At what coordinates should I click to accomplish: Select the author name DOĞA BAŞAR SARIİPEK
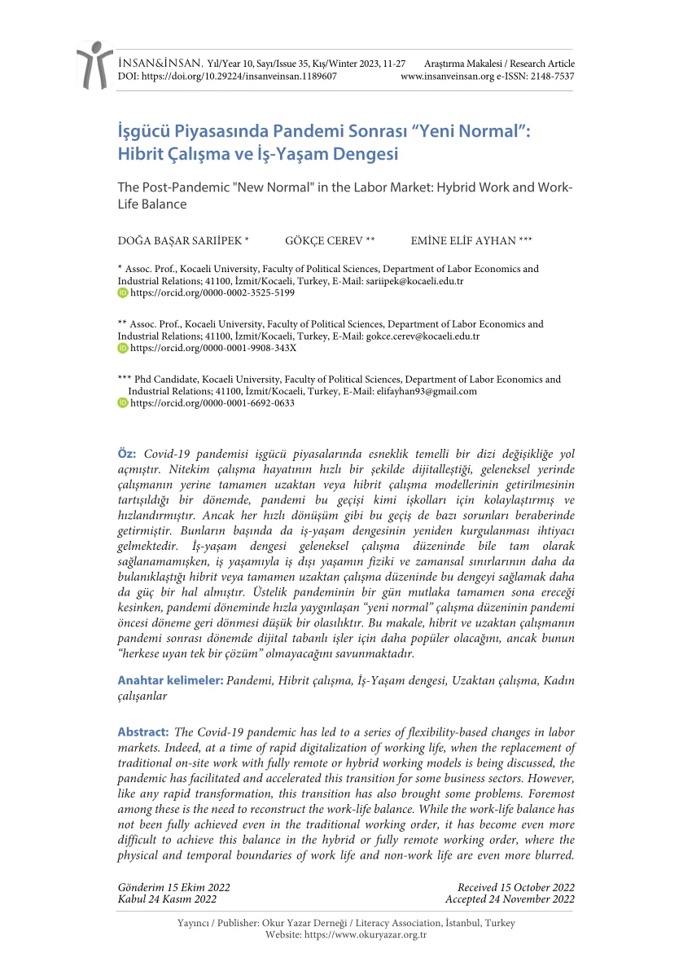pyautogui.click(x=183, y=240)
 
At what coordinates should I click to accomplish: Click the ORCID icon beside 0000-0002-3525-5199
pyautogui.click(x=123, y=292)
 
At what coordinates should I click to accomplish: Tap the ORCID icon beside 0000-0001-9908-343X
pyautogui.click(x=123, y=347)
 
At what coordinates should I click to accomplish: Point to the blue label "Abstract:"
pyautogui.click(x=143, y=732)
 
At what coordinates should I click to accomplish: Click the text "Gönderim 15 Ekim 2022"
pyautogui.click(x=174, y=887)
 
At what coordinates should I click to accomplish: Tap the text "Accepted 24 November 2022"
pyautogui.click(x=510, y=899)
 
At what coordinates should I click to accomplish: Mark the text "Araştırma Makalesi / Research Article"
pyautogui.click(x=500, y=64)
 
